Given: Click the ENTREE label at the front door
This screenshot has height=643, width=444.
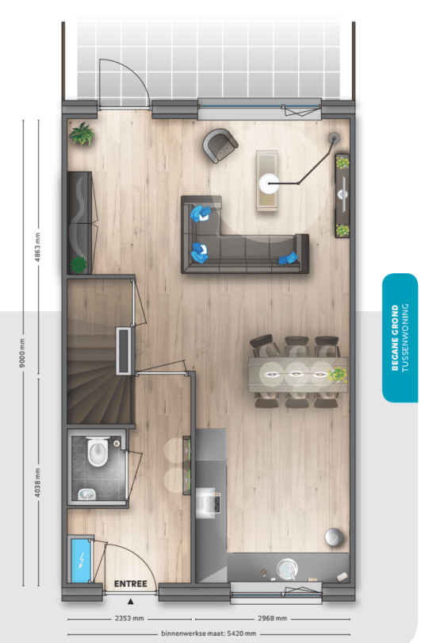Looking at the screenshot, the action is click(130, 583).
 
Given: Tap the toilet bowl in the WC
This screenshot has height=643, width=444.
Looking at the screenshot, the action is click(98, 451).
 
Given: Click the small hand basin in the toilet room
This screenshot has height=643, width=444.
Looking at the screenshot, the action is click(87, 495).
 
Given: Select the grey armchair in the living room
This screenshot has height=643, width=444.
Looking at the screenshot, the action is click(220, 145).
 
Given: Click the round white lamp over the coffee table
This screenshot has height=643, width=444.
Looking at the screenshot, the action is click(269, 183).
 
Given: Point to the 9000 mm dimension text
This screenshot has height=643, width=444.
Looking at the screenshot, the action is click(22, 352).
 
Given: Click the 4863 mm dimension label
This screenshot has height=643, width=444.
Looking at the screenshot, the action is click(38, 247).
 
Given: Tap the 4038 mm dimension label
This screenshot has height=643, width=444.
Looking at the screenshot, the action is click(38, 483).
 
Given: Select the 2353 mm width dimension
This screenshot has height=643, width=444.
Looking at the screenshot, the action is click(129, 618).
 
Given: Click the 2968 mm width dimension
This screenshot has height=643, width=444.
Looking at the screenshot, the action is click(272, 618).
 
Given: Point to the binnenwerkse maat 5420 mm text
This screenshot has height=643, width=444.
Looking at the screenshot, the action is click(209, 633).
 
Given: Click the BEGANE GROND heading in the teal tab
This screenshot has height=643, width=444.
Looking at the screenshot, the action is click(396, 337).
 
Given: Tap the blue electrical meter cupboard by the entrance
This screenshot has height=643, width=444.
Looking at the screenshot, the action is click(81, 560).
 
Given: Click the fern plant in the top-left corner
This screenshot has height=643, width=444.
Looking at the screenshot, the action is click(82, 133).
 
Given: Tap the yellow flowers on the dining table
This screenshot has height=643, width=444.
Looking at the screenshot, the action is click(338, 375).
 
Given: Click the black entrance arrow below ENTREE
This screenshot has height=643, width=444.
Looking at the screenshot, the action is click(130, 602).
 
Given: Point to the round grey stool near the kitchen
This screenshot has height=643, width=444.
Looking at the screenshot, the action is click(335, 537).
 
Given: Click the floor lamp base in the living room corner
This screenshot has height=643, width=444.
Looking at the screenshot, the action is click(335, 138).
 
